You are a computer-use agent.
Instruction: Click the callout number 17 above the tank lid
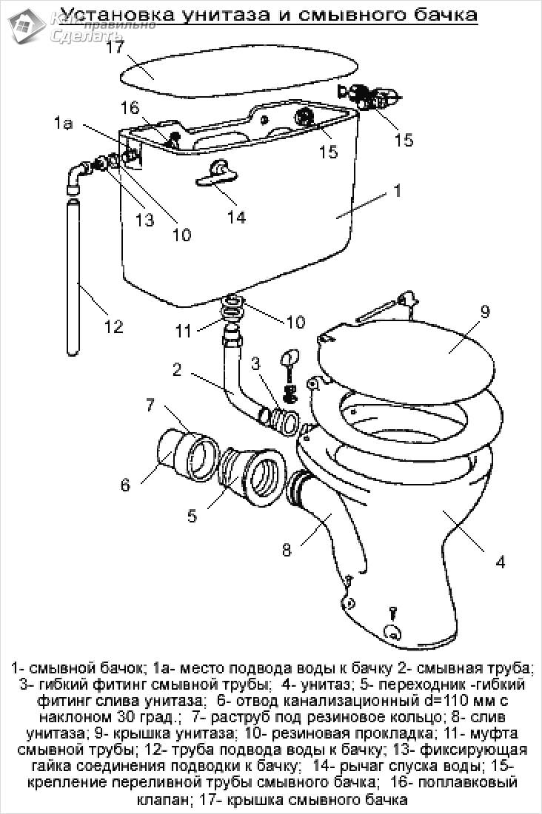pos(116,47)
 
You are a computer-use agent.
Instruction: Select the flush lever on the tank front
pos(217,173)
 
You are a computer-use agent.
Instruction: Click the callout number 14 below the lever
pos(236,217)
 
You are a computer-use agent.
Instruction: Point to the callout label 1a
pos(64,124)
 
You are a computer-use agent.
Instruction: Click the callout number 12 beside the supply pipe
pos(113,326)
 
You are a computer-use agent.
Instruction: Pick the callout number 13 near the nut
pos(145,220)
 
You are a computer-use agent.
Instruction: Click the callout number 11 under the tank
pos(183,331)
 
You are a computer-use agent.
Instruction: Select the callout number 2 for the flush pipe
pos(177,369)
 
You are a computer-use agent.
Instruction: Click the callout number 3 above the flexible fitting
pos(255,363)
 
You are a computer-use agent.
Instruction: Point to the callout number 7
pos(151,404)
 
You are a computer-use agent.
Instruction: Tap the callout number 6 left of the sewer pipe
pos(125,485)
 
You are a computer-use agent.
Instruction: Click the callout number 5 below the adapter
pos(193,516)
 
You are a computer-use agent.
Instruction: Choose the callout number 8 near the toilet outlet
pos(287,550)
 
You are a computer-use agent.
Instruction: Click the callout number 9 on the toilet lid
pos(485,312)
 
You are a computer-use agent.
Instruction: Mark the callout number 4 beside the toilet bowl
pos(500,562)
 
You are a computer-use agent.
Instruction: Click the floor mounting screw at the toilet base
pos(393,613)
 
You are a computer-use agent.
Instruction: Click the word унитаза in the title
pos(222,15)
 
